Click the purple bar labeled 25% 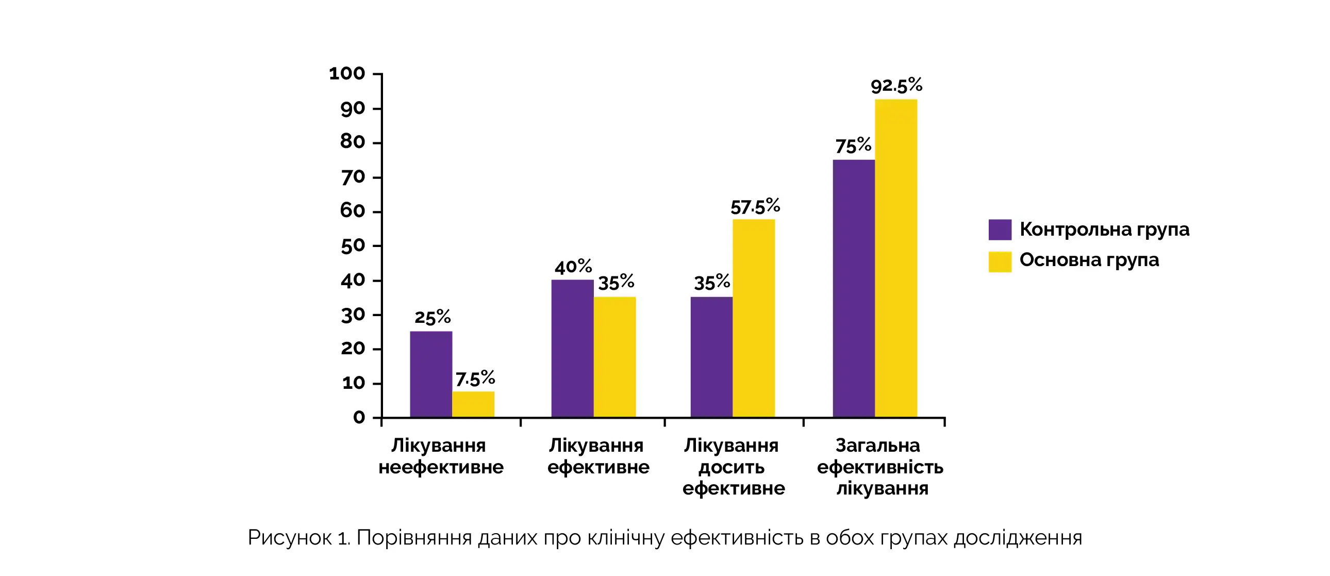click(430, 374)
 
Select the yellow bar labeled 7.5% click(473, 404)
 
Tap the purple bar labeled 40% click(572, 348)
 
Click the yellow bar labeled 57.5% click(753, 318)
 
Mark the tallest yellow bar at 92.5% click(896, 258)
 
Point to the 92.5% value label click(896, 86)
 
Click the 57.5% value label click(755, 207)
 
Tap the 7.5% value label click(475, 378)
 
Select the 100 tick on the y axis click(347, 74)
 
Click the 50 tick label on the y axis click(353, 246)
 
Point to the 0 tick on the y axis click(359, 417)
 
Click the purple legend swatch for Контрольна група click(1000, 230)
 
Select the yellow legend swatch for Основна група click(1000, 261)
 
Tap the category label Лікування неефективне click(440, 456)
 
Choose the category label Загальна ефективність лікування click(880, 467)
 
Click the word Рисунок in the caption click(289, 538)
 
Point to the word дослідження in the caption click(1018, 538)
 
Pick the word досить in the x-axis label click(731, 467)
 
